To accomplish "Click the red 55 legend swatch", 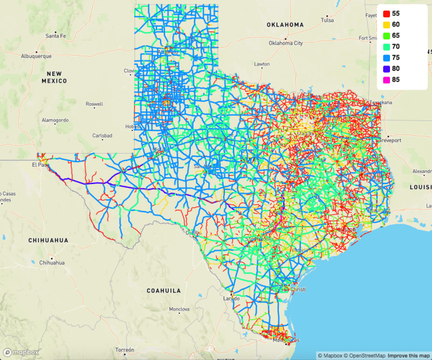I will pyautogui.click(x=386, y=13).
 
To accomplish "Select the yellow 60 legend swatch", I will pyautogui.click(x=386, y=24).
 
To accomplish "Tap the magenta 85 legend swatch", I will pyautogui.click(x=386, y=80).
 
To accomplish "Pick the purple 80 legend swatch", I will pyautogui.click(x=386, y=69).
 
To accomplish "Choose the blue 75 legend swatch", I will pyautogui.click(x=386, y=57).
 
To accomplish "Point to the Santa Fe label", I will pyautogui.click(x=56, y=36).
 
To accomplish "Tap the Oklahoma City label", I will pyautogui.click(x=286, y=43).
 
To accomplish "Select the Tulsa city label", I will pyautogui.click(x=327, y=20).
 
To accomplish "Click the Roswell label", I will pyautogui.click(x=94, y=104).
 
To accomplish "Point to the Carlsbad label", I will pyautogui.click(x=103, y=135).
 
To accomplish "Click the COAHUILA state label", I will pyautogui.click(x=163, y=290).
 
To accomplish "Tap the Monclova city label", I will pyautogui.click(x=179, y=325).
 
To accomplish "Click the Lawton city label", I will pyautogui.click(x=262, y=64).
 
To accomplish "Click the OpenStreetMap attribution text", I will pyautogui.click(x=368, y=356).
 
